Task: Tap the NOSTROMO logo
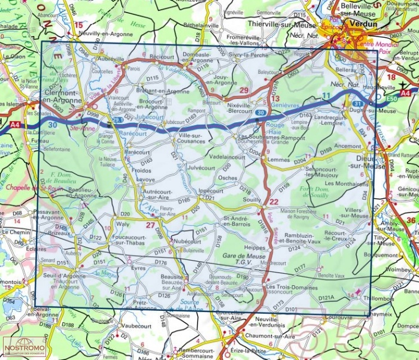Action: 23,347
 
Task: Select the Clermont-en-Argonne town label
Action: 67,96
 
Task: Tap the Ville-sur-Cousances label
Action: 191,138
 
